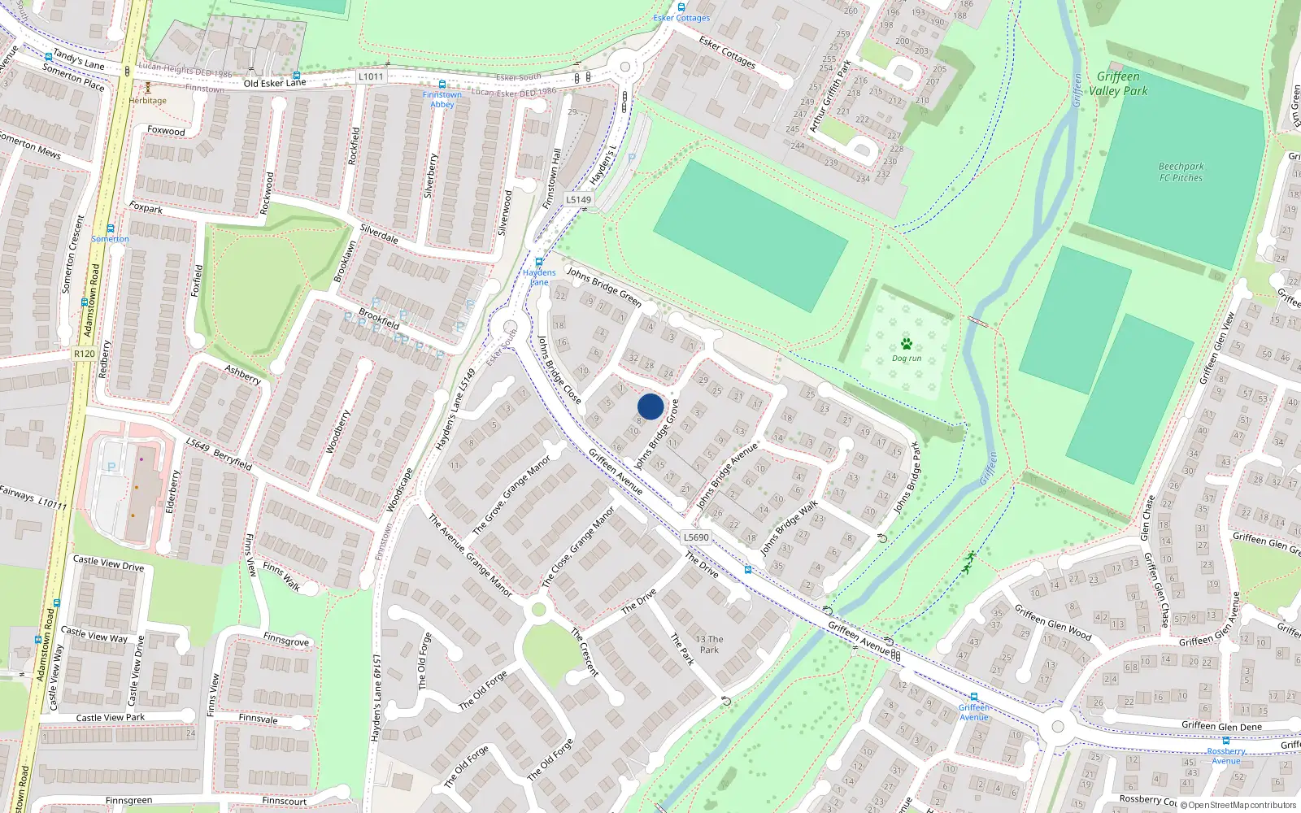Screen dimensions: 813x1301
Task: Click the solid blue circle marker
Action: (x=650, y=406)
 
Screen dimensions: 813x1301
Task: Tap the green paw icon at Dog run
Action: (x=907, y=344)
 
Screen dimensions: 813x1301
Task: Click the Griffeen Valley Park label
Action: (x=1118, y=84)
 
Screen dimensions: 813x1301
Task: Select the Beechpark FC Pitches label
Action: (x=1181, y=172)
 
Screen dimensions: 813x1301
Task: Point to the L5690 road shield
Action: (x=696, y=537)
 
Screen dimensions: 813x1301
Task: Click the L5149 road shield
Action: (x=579, y=199)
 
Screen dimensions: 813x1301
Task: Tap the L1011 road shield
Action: (x=370, y=76)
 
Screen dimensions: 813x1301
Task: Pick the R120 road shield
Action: (x=84, y=354)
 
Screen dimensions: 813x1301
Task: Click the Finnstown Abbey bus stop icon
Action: (x=442, y=85)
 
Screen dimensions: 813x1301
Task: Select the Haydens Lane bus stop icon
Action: (x=538, y=262)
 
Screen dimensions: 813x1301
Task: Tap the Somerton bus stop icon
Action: (x=110, y=228)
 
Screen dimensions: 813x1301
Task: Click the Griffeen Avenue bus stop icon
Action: (x=974, y=697)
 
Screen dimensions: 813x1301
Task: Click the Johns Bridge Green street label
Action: (x=604, y=286)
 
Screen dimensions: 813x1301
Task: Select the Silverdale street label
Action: (x=379, y=233)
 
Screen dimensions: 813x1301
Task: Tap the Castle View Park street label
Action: (x=110, y=718)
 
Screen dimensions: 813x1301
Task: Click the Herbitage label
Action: (x=147, y=101)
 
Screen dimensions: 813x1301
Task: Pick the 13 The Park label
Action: (x=709, y=644)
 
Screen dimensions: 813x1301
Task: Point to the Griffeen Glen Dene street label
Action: (x=1221, y=726)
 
